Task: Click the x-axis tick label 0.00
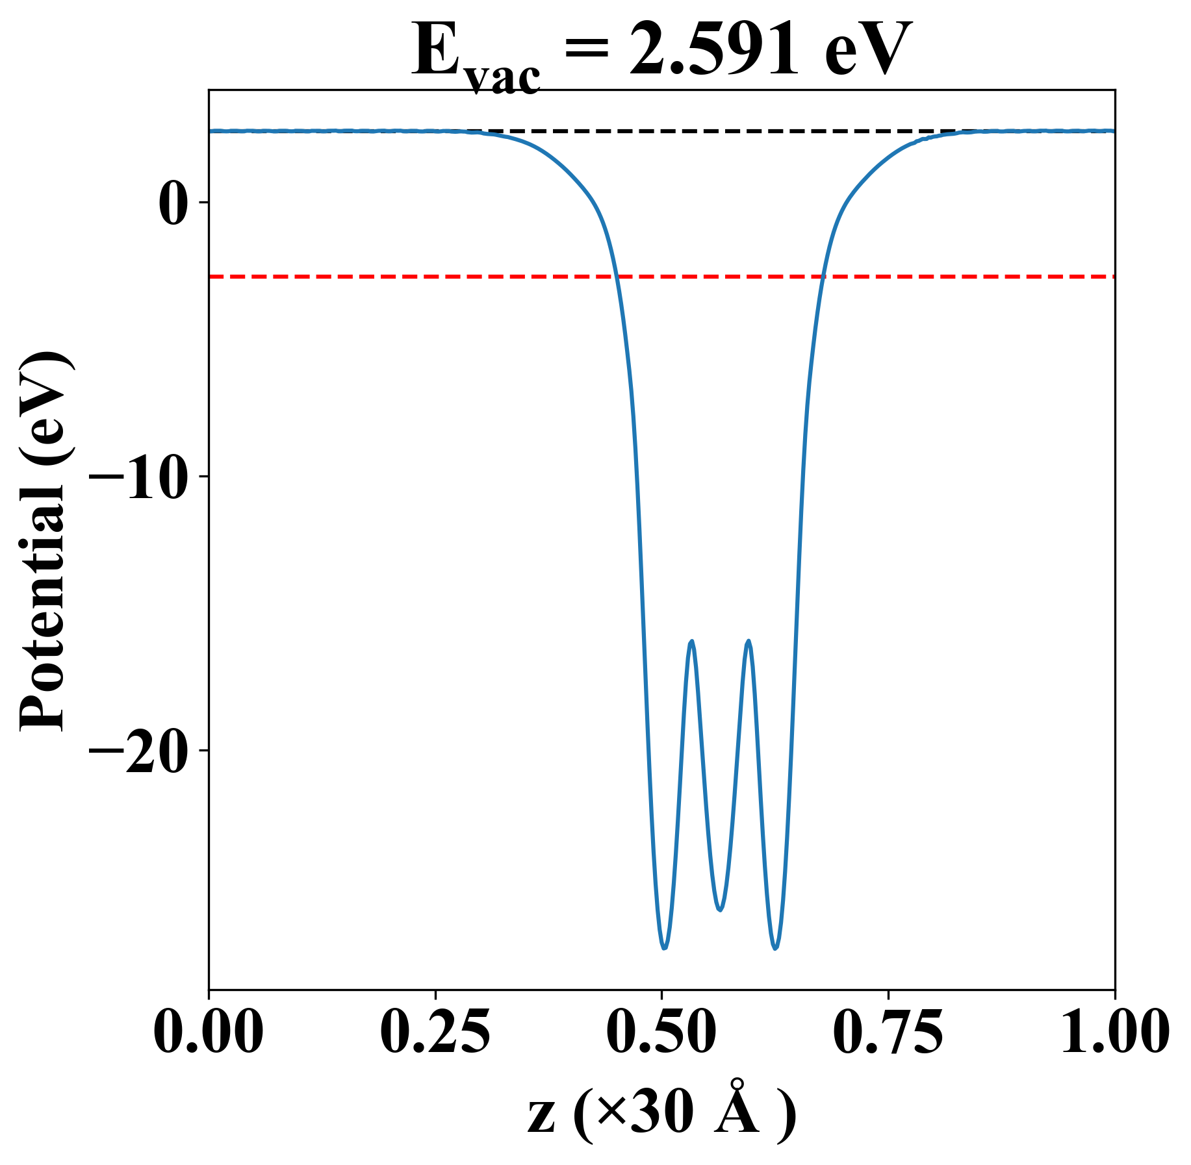click(x=209, y=1032)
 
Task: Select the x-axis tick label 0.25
click(x=435, y=1032)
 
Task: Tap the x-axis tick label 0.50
click(x=661, y=1032)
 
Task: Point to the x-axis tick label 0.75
click(x=888, y=1032)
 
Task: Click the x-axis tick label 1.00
click(x=1114, y=1032)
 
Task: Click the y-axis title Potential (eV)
click(x=44, y=542)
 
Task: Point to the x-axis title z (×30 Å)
click(x=661, y=1115)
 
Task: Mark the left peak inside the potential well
click(x=691, y=642)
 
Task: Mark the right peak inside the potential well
click(x=749, y=641)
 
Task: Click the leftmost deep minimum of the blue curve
click(x=664, y=948)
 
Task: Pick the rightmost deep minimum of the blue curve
click(x=775, y=948)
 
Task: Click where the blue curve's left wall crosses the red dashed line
click(x=616, y=277)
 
